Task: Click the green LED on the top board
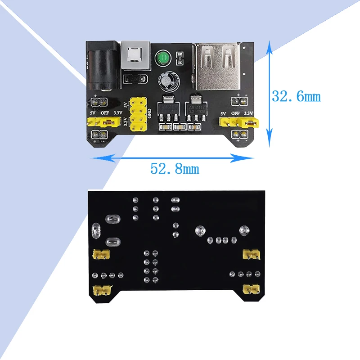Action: [x=162, y=59]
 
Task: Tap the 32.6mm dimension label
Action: [x=296, y=96]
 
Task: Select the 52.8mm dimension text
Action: [x=174, y=169]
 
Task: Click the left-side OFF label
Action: [x=105, y=113]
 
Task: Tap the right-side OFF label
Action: [x=235, y=113]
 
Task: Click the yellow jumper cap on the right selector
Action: [x=251, y=121]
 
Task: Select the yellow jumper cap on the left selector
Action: [x=108, y=121]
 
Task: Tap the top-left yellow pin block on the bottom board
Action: [x=101, y=255]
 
